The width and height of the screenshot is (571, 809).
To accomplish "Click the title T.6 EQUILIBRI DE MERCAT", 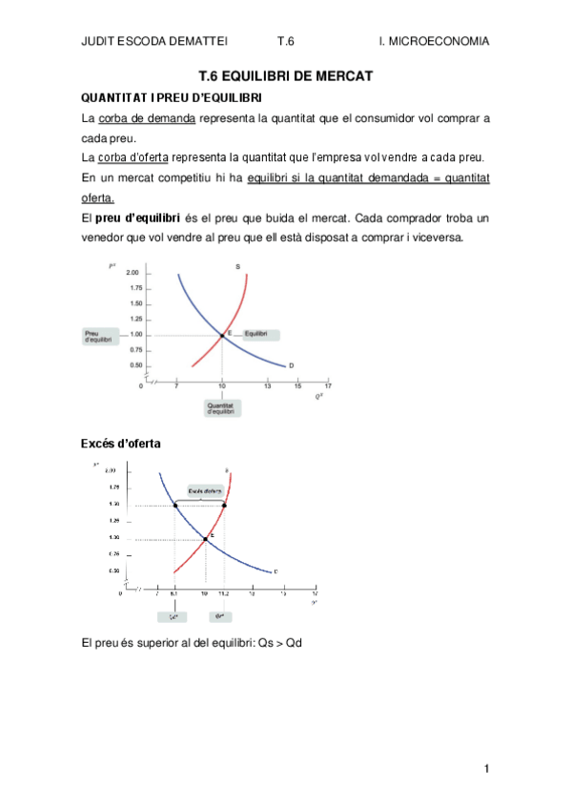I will [285, 75].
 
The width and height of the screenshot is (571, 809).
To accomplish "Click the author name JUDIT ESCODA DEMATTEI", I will [149, 41].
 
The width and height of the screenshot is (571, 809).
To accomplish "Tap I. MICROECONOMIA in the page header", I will [434, 41].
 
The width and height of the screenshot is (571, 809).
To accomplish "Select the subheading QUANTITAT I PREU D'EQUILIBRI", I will [172, 98].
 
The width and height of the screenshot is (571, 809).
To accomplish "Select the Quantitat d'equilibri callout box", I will [222, 407].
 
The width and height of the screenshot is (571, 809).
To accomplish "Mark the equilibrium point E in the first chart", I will [222, 335].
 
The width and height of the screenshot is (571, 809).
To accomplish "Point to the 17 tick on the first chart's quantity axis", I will [328, 385].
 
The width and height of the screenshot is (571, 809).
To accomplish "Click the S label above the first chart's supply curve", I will [236, 266].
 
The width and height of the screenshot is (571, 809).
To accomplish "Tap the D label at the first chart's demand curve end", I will [291, 365].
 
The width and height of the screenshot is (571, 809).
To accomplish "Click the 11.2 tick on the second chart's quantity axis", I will [225, 593].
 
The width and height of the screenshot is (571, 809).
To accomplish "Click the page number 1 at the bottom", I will [486, 769].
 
